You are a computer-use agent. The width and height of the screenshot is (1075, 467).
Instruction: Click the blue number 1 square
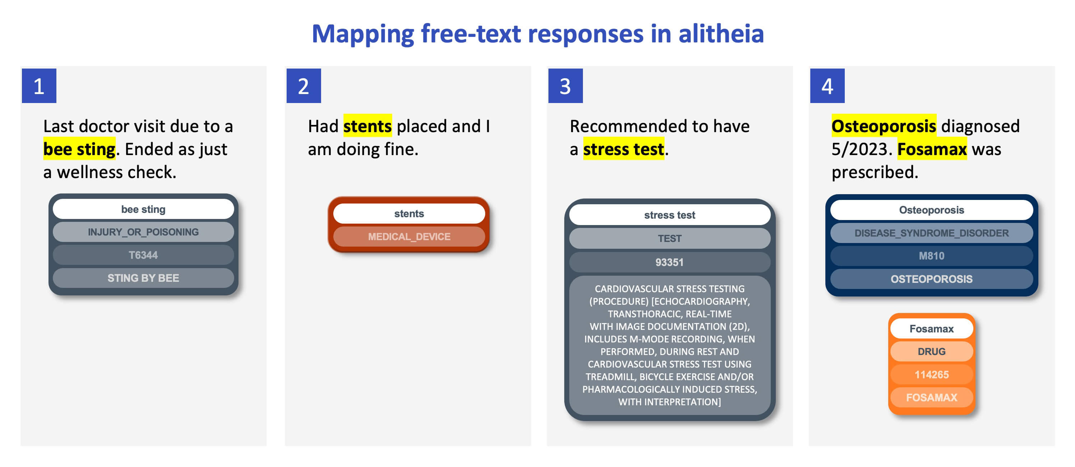(x=39, y=86)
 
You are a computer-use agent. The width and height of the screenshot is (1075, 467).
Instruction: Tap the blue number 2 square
(x=303, y=86)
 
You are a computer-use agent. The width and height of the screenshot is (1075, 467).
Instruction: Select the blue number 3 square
(x=565, y=86)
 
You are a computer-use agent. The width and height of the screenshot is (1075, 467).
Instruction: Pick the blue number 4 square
(x=827, y=86)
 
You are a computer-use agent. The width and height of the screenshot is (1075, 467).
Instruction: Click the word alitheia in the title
(x=721, y=33)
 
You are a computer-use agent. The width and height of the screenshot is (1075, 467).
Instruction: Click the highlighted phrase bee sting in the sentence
(x=79, y=149)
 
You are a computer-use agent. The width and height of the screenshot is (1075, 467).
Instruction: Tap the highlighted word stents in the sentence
(x=367, y=126)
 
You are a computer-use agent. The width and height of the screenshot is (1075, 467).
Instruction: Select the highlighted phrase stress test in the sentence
(x=624, y=149)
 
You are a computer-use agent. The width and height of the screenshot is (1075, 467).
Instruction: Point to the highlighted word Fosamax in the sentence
(x=932, y=149)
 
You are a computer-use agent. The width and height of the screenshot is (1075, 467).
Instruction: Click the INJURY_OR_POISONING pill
(x=143, y=232)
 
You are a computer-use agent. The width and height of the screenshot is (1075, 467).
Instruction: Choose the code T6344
(x=143, y=255)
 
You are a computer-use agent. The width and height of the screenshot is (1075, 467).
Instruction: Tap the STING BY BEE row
(x=143, y=278)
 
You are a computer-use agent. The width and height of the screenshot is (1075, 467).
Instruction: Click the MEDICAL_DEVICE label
(x=409, y=237)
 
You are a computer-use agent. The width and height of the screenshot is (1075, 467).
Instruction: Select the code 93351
(x=669, y=262)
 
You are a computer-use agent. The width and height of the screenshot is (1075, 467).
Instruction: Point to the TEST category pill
(x=669, y=238)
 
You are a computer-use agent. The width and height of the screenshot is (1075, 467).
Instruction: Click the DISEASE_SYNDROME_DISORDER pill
(x=931, y=233)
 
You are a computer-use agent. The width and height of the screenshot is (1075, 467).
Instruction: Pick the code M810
(x=931, y=256)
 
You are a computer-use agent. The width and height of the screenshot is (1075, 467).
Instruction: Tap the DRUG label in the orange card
(x=931, y=351)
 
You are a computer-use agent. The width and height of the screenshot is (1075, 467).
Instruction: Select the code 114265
(x=931, y=374)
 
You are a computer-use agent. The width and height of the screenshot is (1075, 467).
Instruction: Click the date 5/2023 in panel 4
(x=861, y=149)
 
